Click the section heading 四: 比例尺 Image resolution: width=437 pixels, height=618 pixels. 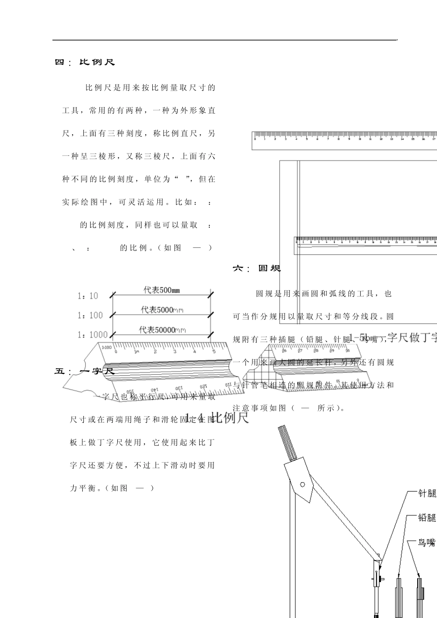pyautogui.click(x=85, y=62)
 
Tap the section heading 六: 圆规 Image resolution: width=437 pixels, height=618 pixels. pyautogui.click(x=257, y=268)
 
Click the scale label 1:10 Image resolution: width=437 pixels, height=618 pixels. pyautogui.click(x=87, y=296)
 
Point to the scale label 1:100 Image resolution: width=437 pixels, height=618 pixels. pyautogui.click(x=90, y=315)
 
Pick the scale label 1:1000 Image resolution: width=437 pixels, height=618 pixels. pyautogui.click(x=92, y=335)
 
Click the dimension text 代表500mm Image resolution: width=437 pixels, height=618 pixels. pyautogui.click(x=161, y=290)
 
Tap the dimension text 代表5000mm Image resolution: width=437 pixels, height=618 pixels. pyautogui.click(x=162, y=310)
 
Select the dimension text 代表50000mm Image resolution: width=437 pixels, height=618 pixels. pyautogui.click(x=164, y=330)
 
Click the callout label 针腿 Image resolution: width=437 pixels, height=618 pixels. pyautogui.click(x=426, y=494)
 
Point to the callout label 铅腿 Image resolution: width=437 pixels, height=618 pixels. pyautogui.click(x=426, y=518)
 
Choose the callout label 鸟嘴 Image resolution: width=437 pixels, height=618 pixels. pyautogui.click(x=426, y=543)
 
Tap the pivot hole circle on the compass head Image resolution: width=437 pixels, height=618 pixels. pyautogui.click(x=302, y=484)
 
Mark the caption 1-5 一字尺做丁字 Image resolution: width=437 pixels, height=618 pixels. pyautogui.click(x=393, y=338)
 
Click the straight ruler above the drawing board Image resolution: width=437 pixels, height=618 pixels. pyautogui.click(x=344, y=141)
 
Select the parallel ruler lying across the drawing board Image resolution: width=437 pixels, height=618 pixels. pyautogui.click(x=366, y=245)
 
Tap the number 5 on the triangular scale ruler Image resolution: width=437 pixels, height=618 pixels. pyautogui.click(x=213, y=351)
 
